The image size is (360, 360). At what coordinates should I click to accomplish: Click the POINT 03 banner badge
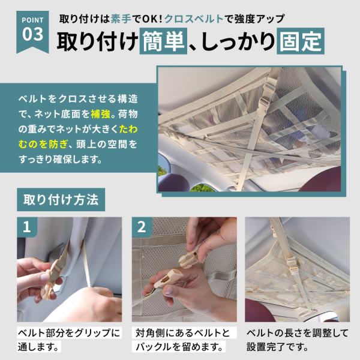32,31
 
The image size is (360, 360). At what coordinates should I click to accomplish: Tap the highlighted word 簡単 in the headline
163,41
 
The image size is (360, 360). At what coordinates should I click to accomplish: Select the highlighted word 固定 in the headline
301,41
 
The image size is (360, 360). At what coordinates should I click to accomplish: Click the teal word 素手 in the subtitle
121,19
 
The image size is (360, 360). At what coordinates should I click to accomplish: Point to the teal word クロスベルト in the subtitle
194,19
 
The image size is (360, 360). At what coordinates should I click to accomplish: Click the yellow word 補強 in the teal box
101,114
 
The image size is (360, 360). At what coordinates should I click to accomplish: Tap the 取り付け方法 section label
61,200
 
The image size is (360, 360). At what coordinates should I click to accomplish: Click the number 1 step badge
27,227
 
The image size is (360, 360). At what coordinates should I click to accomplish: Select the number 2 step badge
142,227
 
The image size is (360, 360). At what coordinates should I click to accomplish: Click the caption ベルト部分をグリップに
69,333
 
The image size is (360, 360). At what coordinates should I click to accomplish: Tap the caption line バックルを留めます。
179,347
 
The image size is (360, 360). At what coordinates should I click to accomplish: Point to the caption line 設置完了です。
277,347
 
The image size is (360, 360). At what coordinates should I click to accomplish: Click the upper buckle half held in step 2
189,260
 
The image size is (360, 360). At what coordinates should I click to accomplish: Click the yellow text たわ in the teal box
128,129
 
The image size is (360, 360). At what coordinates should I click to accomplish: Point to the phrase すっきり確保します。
61,160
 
